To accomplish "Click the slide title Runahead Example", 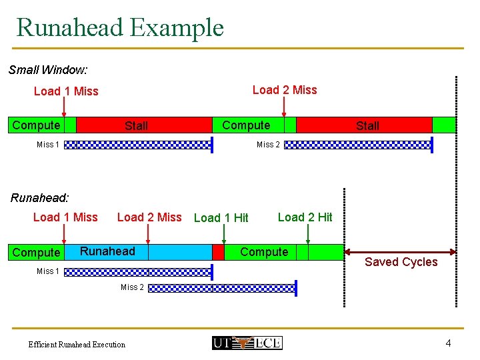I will pyautogui.click(x=120, y=28).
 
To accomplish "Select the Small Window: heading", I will pyautogui.click(x=48, y=69).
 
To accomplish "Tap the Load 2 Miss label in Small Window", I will pyautogui.click(x=285, y=90).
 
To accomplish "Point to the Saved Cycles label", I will pyautogui.click(x=401, y=262).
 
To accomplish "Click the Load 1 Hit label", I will pyautogui.click(x=221, y=218).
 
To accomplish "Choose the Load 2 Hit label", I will pyautogui.click(x=305, y=217).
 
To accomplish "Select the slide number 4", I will pyautogui.click(x=448, y=343).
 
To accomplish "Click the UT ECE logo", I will pyautogui.click(x=247, y=343).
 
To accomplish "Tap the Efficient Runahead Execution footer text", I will pyautogui.click(x=77, y=345).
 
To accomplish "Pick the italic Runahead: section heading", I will pyautogui.click(x=39, y=197).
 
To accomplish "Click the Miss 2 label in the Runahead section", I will pyautogui.click(x=132, y=287).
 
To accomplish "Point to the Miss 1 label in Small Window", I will pyautogui.click(x=48, y=145).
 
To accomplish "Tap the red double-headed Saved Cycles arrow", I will pyautogui.click(x=400, y=252).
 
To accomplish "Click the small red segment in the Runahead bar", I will pyautogui.click(x=218, y=252).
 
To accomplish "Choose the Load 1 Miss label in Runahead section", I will pyautogui.click(x=65, y=217).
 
